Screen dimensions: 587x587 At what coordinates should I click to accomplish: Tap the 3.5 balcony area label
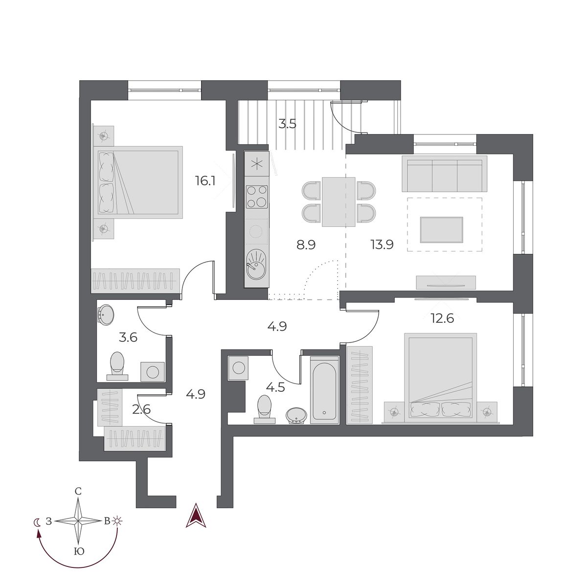(287, 124)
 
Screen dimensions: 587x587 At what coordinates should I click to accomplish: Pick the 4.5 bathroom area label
(276, 388)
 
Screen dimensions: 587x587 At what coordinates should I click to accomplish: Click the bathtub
(324, 387)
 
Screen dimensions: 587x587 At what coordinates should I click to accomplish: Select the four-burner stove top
(257, 196)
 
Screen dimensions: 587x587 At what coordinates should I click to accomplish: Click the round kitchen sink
(256, 264)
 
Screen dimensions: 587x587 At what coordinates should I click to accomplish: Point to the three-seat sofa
(445, 173)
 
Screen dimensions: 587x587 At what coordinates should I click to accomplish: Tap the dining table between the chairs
(339, 202)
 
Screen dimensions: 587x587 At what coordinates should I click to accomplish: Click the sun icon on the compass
(116, 521)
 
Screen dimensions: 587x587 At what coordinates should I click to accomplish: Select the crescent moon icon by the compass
(37, 522)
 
